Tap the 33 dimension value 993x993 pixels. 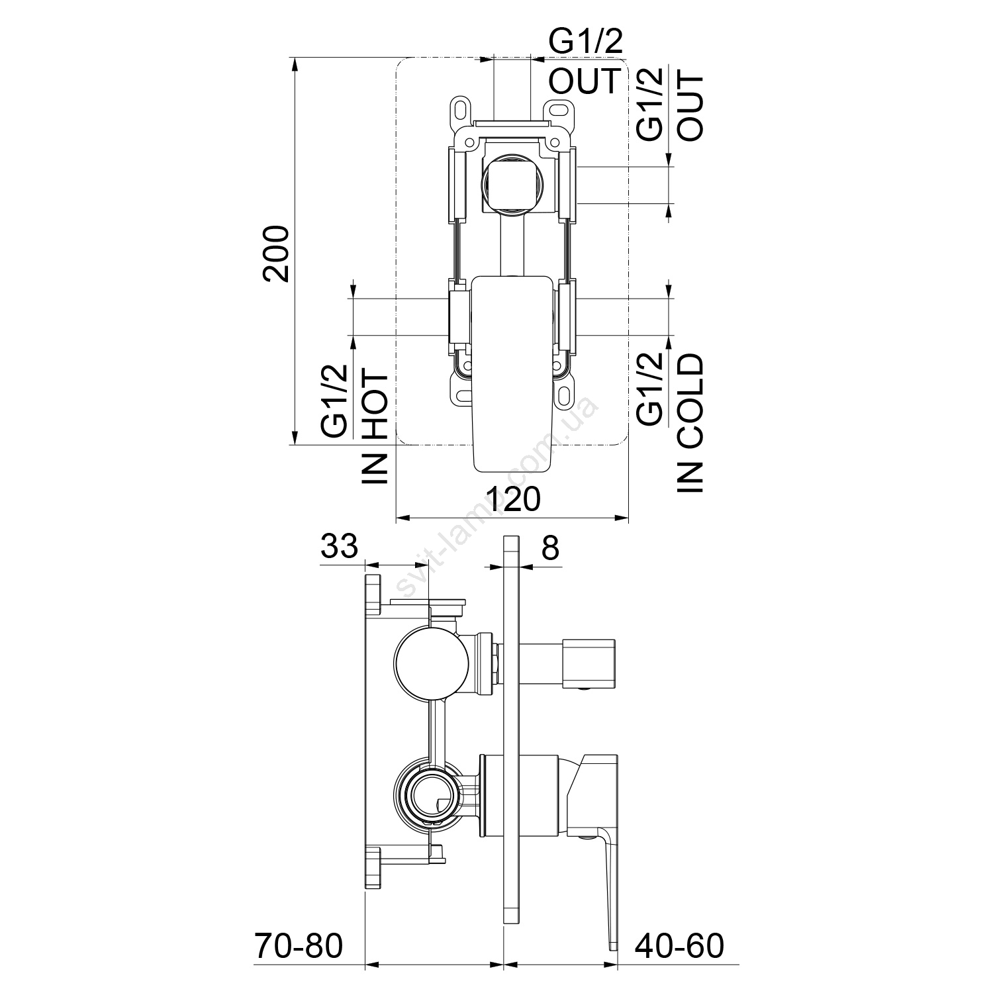[339, 547]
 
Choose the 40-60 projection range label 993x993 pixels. [681, 946]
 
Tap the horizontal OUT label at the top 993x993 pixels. [585, 81]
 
